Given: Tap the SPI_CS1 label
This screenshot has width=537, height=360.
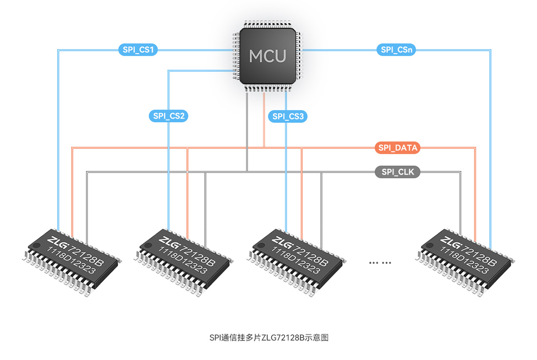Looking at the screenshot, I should coord(137,49).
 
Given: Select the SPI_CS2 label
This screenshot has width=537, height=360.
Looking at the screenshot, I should coord(168,116).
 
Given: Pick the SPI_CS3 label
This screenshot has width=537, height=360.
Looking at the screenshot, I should coord(288,116).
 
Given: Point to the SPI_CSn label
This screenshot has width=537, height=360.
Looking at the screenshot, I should coord(395,49).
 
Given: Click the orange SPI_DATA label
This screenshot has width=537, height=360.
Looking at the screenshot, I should coord(397,147).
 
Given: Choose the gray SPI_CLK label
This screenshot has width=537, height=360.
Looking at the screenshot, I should coord(397,172).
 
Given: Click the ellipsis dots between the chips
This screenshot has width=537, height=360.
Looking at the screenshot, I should coord(380,262).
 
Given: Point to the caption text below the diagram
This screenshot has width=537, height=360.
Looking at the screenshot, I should coord(268,338).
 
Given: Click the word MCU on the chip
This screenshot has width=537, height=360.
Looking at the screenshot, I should coord(267,56).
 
